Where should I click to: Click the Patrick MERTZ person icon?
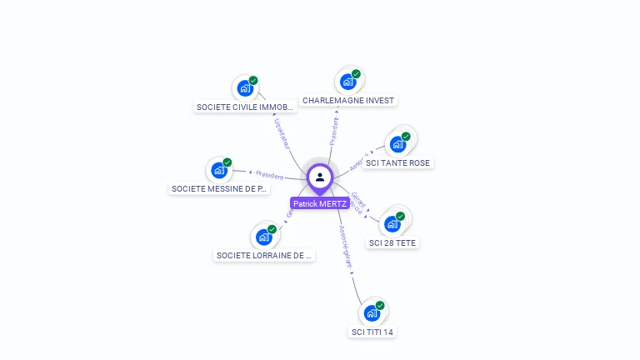click(x=320, y=177)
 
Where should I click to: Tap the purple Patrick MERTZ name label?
click(x=320, y=203)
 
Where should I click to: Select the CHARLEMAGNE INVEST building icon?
click(x=347, y=82)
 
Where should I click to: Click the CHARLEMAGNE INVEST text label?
click(x=348, y=100)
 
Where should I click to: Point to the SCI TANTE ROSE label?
click(x=397, y=162)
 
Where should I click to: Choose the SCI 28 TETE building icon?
click(x=392, y=223)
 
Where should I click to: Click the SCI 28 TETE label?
click(x=392, y=242)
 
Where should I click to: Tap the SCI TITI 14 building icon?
click(x=372, y=313)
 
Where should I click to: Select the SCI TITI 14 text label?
click(x=372, y=332)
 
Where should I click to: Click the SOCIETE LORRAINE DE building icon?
click(x=263, y=237)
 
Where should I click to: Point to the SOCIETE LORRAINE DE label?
click(x=263, y=255)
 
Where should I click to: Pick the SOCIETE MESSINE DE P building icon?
click(x=219, y=170)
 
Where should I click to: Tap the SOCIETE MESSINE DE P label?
click(x=220, y=188)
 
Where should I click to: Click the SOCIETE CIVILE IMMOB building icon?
click(x=245, y=88)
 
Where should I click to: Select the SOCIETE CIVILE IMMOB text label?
click(x=245, y=107)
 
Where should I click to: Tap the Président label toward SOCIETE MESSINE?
click(x=270, y=175)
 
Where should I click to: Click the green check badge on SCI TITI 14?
click(x=380, y=306)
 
